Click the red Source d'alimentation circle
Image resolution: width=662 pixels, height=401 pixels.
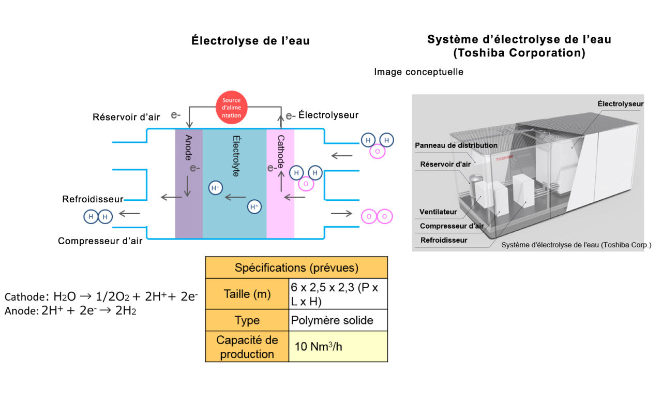point(232,108)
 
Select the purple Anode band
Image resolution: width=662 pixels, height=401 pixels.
point(188,184)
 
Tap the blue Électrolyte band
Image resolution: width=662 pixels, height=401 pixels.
point(234,184)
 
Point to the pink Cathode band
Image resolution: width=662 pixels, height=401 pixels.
point(280,184)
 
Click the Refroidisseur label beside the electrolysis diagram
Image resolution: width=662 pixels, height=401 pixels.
point(93,199)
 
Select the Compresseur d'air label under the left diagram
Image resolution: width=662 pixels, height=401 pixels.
point(100,241)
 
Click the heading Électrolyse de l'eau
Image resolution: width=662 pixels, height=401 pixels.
point(250,41)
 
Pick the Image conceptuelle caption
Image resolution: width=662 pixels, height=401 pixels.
point(418,72)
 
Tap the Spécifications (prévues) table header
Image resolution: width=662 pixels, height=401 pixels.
point(296,268)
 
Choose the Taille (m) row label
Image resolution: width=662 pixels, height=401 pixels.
point(247,294)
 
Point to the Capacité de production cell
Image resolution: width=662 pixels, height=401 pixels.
point(247,347)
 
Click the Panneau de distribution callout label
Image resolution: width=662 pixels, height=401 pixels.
point(456,145)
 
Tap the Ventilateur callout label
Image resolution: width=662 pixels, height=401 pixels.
point(438,212)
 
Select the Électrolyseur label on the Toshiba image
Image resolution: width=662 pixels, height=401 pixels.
point(620,104)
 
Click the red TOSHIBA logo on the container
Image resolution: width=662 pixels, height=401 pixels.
point(504,157)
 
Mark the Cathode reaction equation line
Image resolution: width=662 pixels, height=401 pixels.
point(101,296)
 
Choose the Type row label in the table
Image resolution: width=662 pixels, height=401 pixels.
point(247,320)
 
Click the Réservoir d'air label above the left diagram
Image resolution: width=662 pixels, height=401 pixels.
point(126,117)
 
